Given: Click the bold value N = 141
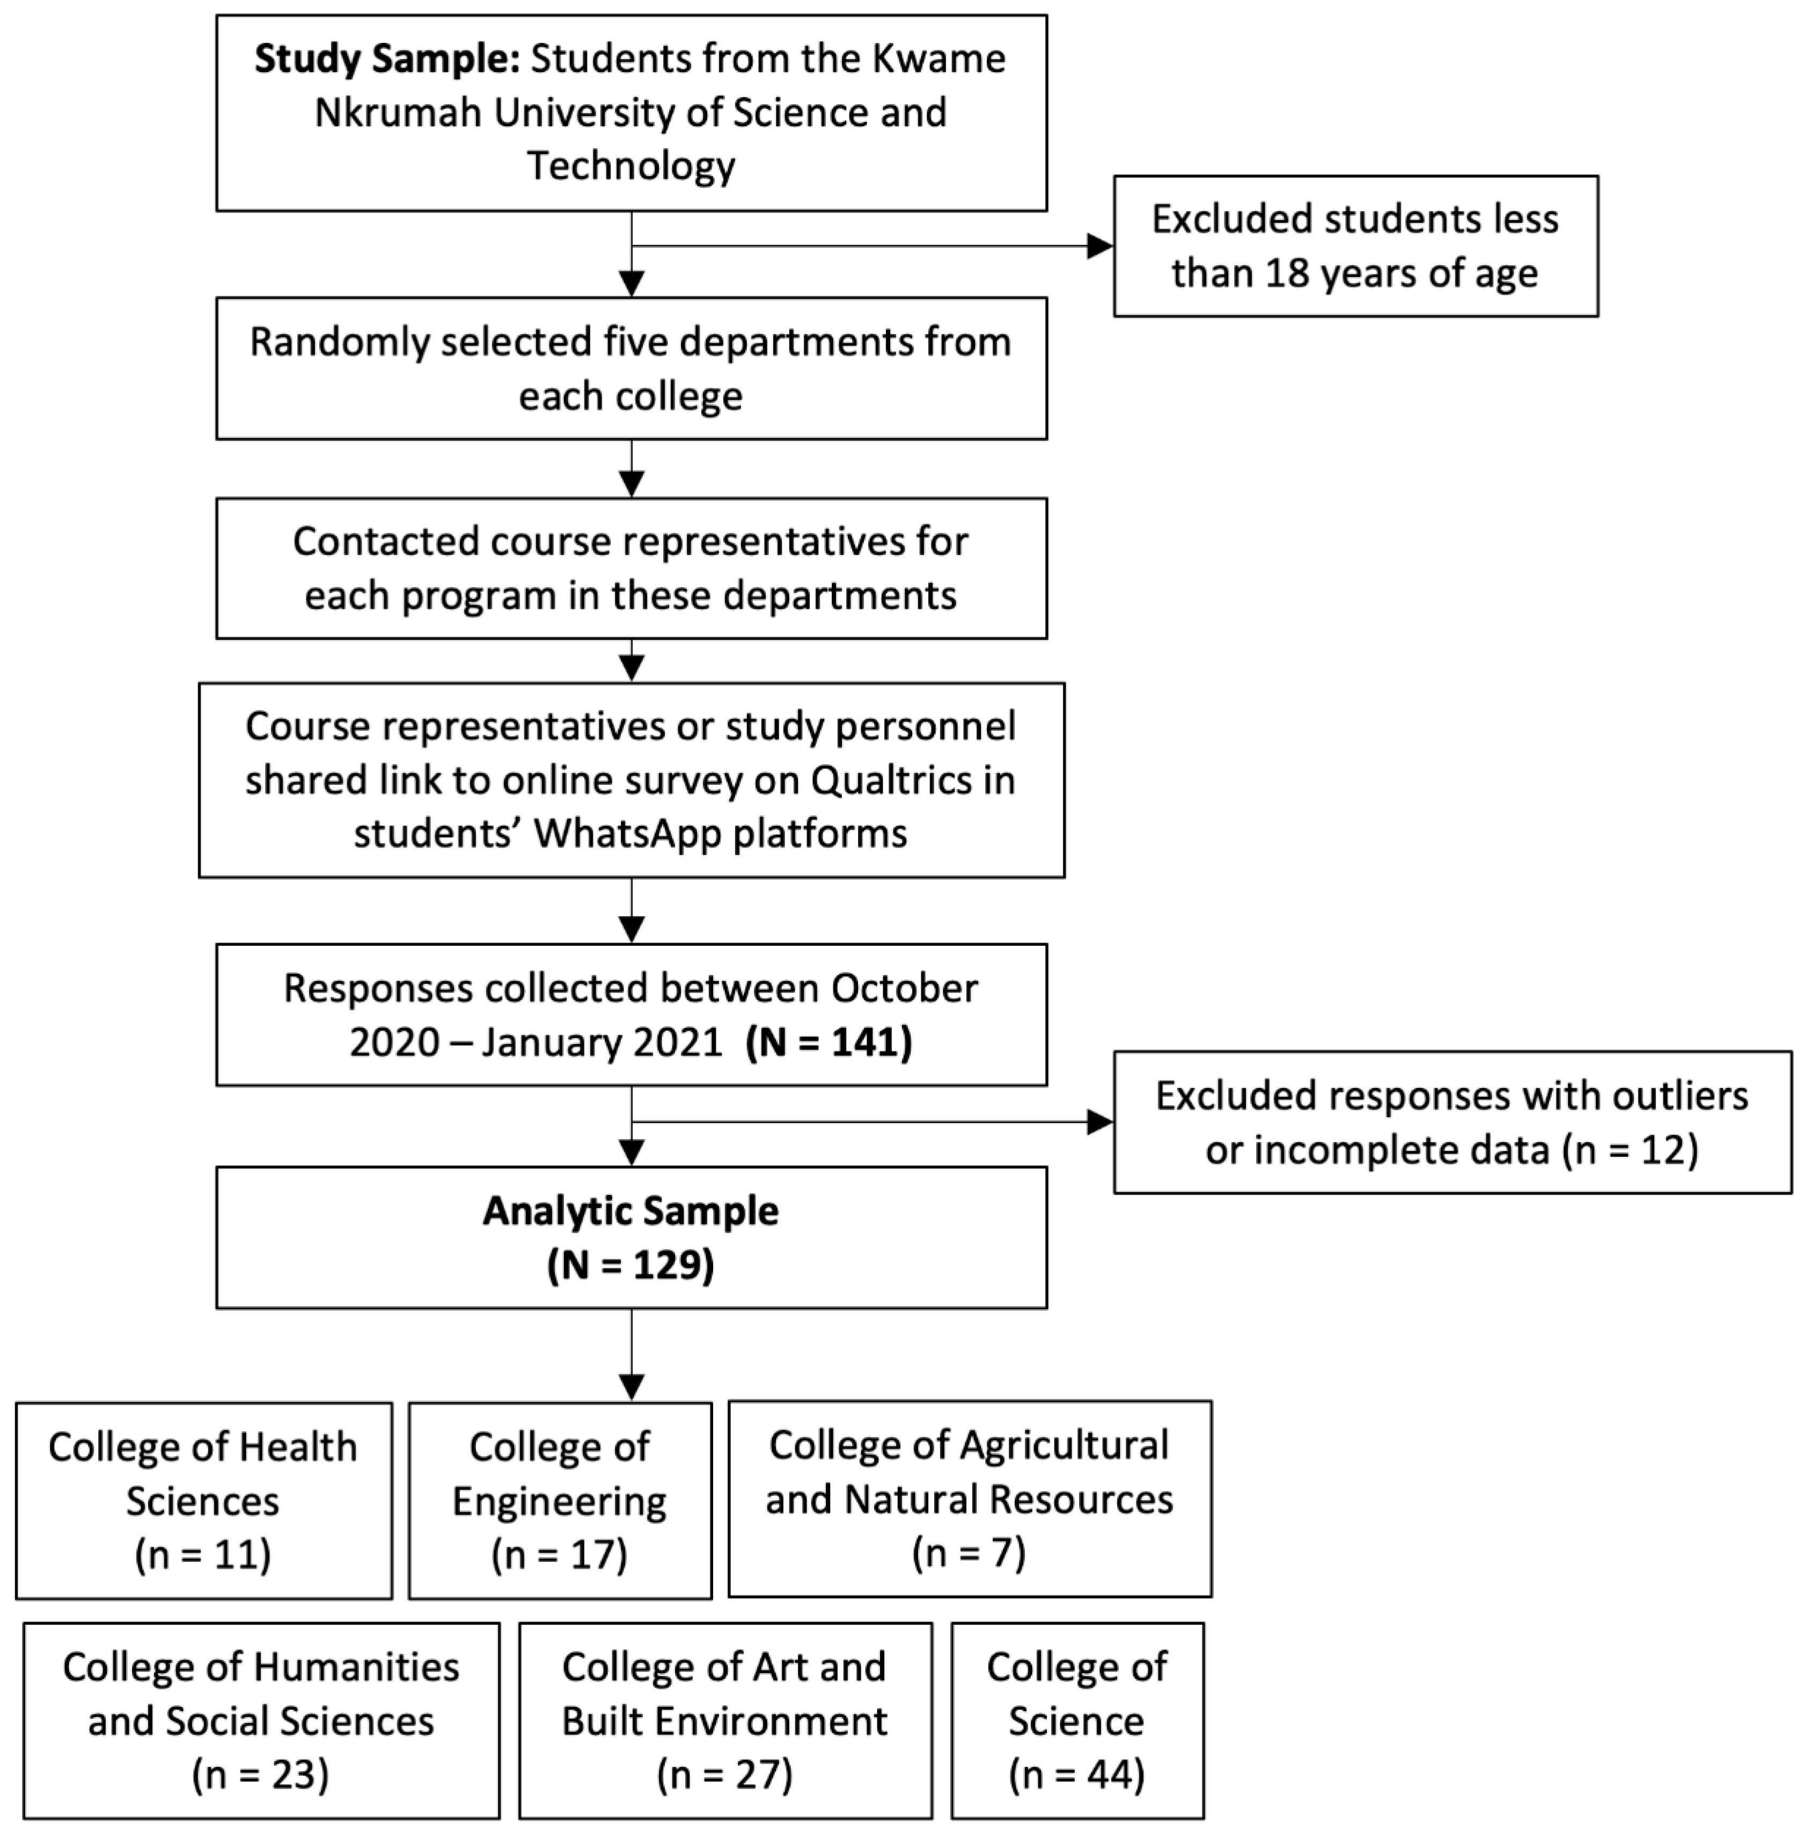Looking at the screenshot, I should [829, 1042].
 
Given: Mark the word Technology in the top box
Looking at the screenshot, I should [631, 166].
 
